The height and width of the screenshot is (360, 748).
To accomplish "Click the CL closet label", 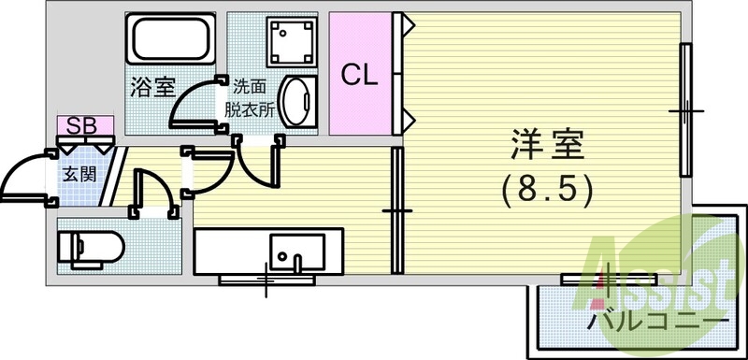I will tap(359, 76).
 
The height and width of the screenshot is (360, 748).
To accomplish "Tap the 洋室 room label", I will tap(547, 148).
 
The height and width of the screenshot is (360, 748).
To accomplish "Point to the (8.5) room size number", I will tap(547, 192).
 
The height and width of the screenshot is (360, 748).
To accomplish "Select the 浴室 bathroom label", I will tap(152, 88).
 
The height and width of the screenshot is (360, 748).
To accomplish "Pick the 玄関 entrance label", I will tap(77, 173).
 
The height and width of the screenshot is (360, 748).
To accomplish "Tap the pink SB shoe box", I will tap(85, 124).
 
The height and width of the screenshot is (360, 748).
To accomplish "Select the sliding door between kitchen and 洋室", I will tap(396, 211).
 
